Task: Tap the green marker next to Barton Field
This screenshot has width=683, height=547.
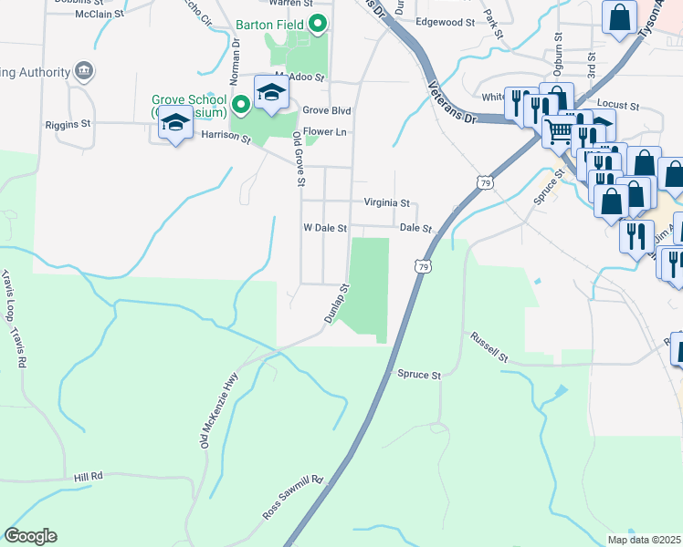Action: click(x=318, y=24)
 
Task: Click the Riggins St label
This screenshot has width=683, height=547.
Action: click(x=69, y=122)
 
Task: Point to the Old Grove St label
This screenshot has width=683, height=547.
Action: click(x=298, y=158)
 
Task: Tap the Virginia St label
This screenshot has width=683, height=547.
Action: click(x=386, y=203)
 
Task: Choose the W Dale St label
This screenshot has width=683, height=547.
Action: click(x=325, y=228)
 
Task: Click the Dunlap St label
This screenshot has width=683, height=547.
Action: click(x=338, y=302)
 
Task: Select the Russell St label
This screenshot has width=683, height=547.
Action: click(x=488, y=346)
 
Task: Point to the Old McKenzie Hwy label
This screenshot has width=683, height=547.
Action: click(x=219, y=409)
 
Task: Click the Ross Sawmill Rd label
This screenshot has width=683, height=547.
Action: click(x=293, y=497)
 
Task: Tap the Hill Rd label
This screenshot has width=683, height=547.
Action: click(x=89, y=476)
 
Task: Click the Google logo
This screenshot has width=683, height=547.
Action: click(x=30, y=536)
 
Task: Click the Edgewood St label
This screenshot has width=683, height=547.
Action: click(x=446, y=21)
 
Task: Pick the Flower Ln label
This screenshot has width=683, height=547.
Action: click(x=325, y=132)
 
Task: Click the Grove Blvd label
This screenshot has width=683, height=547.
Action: click(x=327, y=110)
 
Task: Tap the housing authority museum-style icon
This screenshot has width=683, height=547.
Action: click(x=84, y=71)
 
